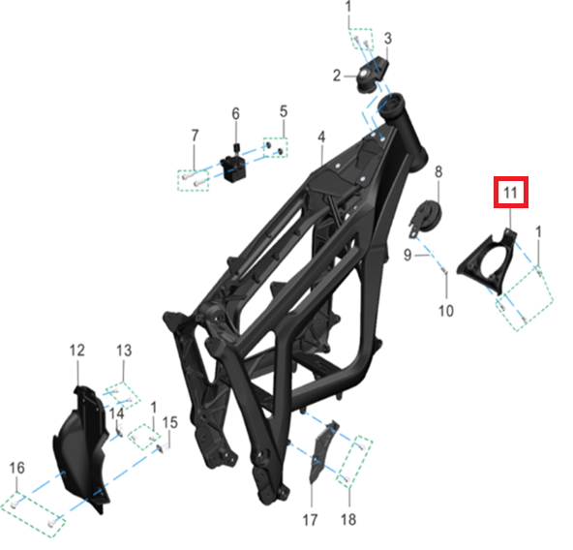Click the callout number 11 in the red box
(x=510, y=193)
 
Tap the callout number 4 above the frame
(x=321, y=137)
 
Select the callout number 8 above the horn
(x=438, y=172)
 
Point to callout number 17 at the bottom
(x=310, y=520)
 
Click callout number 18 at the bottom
(x=347, y=519)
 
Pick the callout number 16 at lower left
(x=16, y=468)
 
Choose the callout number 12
(x=77, y=351)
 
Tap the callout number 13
(x=124, y=351)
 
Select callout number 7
(x=195, y=136)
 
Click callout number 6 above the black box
(x=236, y=113)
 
